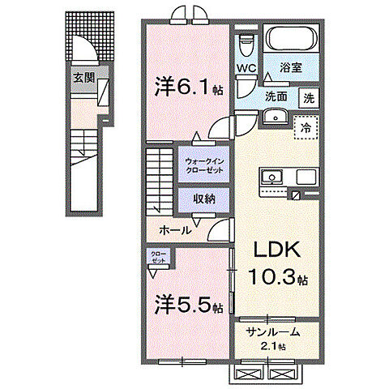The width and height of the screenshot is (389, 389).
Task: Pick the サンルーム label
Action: [x=273, y=331]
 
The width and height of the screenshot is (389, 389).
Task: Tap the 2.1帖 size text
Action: [x=273, y=346]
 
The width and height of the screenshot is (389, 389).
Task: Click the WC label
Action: [x=246, y=70]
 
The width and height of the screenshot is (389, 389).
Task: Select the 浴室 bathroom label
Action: [x=291, y=70]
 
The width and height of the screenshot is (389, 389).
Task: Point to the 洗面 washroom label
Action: [x=276, y=96]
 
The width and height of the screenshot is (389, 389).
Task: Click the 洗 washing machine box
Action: [x=308, y=97]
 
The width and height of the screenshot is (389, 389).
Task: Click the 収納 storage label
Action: [x=203, y=197]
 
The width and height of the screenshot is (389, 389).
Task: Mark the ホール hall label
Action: [x=175, y=230]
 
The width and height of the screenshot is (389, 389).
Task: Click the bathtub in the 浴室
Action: [x=292, y=40]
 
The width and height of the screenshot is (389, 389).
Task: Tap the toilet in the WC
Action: [x=246, y=44]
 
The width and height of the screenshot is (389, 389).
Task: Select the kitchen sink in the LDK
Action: [x=270, y=177]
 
